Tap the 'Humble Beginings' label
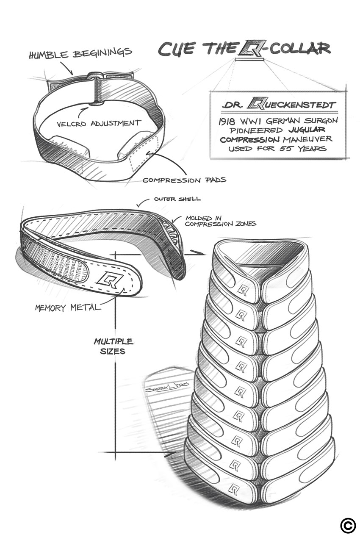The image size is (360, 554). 80,54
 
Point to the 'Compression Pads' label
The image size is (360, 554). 184,180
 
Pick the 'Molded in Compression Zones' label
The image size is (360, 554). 220,221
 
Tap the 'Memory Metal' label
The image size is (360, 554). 68,307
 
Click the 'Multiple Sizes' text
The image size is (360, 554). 113,346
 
